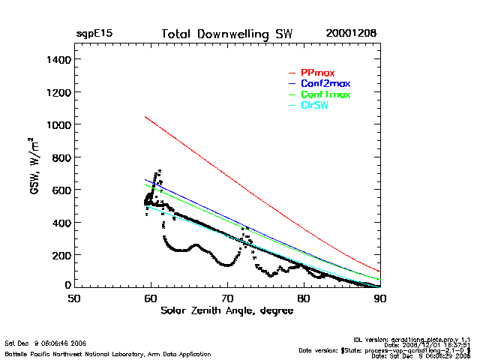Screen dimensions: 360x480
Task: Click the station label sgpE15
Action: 94,34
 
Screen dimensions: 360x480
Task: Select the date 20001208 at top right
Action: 351,34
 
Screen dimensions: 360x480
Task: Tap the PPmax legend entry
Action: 317,73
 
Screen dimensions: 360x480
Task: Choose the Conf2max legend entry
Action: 325,83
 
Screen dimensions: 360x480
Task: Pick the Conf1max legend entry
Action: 325,94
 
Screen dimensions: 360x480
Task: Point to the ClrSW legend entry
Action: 314,106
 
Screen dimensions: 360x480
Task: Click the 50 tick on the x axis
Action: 73,298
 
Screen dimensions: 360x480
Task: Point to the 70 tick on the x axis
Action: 227,298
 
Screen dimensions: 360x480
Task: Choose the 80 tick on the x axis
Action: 304,298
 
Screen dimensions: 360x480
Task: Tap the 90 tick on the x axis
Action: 380,298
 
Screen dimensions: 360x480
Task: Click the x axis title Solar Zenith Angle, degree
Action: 227,310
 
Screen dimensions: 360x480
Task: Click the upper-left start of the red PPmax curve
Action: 145,116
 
